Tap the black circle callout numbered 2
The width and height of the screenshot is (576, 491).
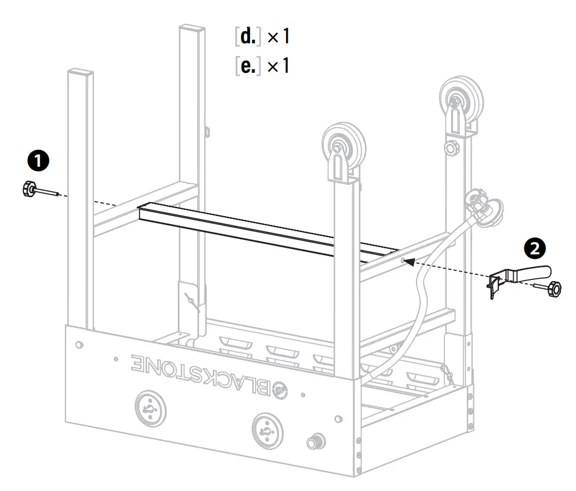pos(535,248)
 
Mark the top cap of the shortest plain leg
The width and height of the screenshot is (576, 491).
pos(80,72)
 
